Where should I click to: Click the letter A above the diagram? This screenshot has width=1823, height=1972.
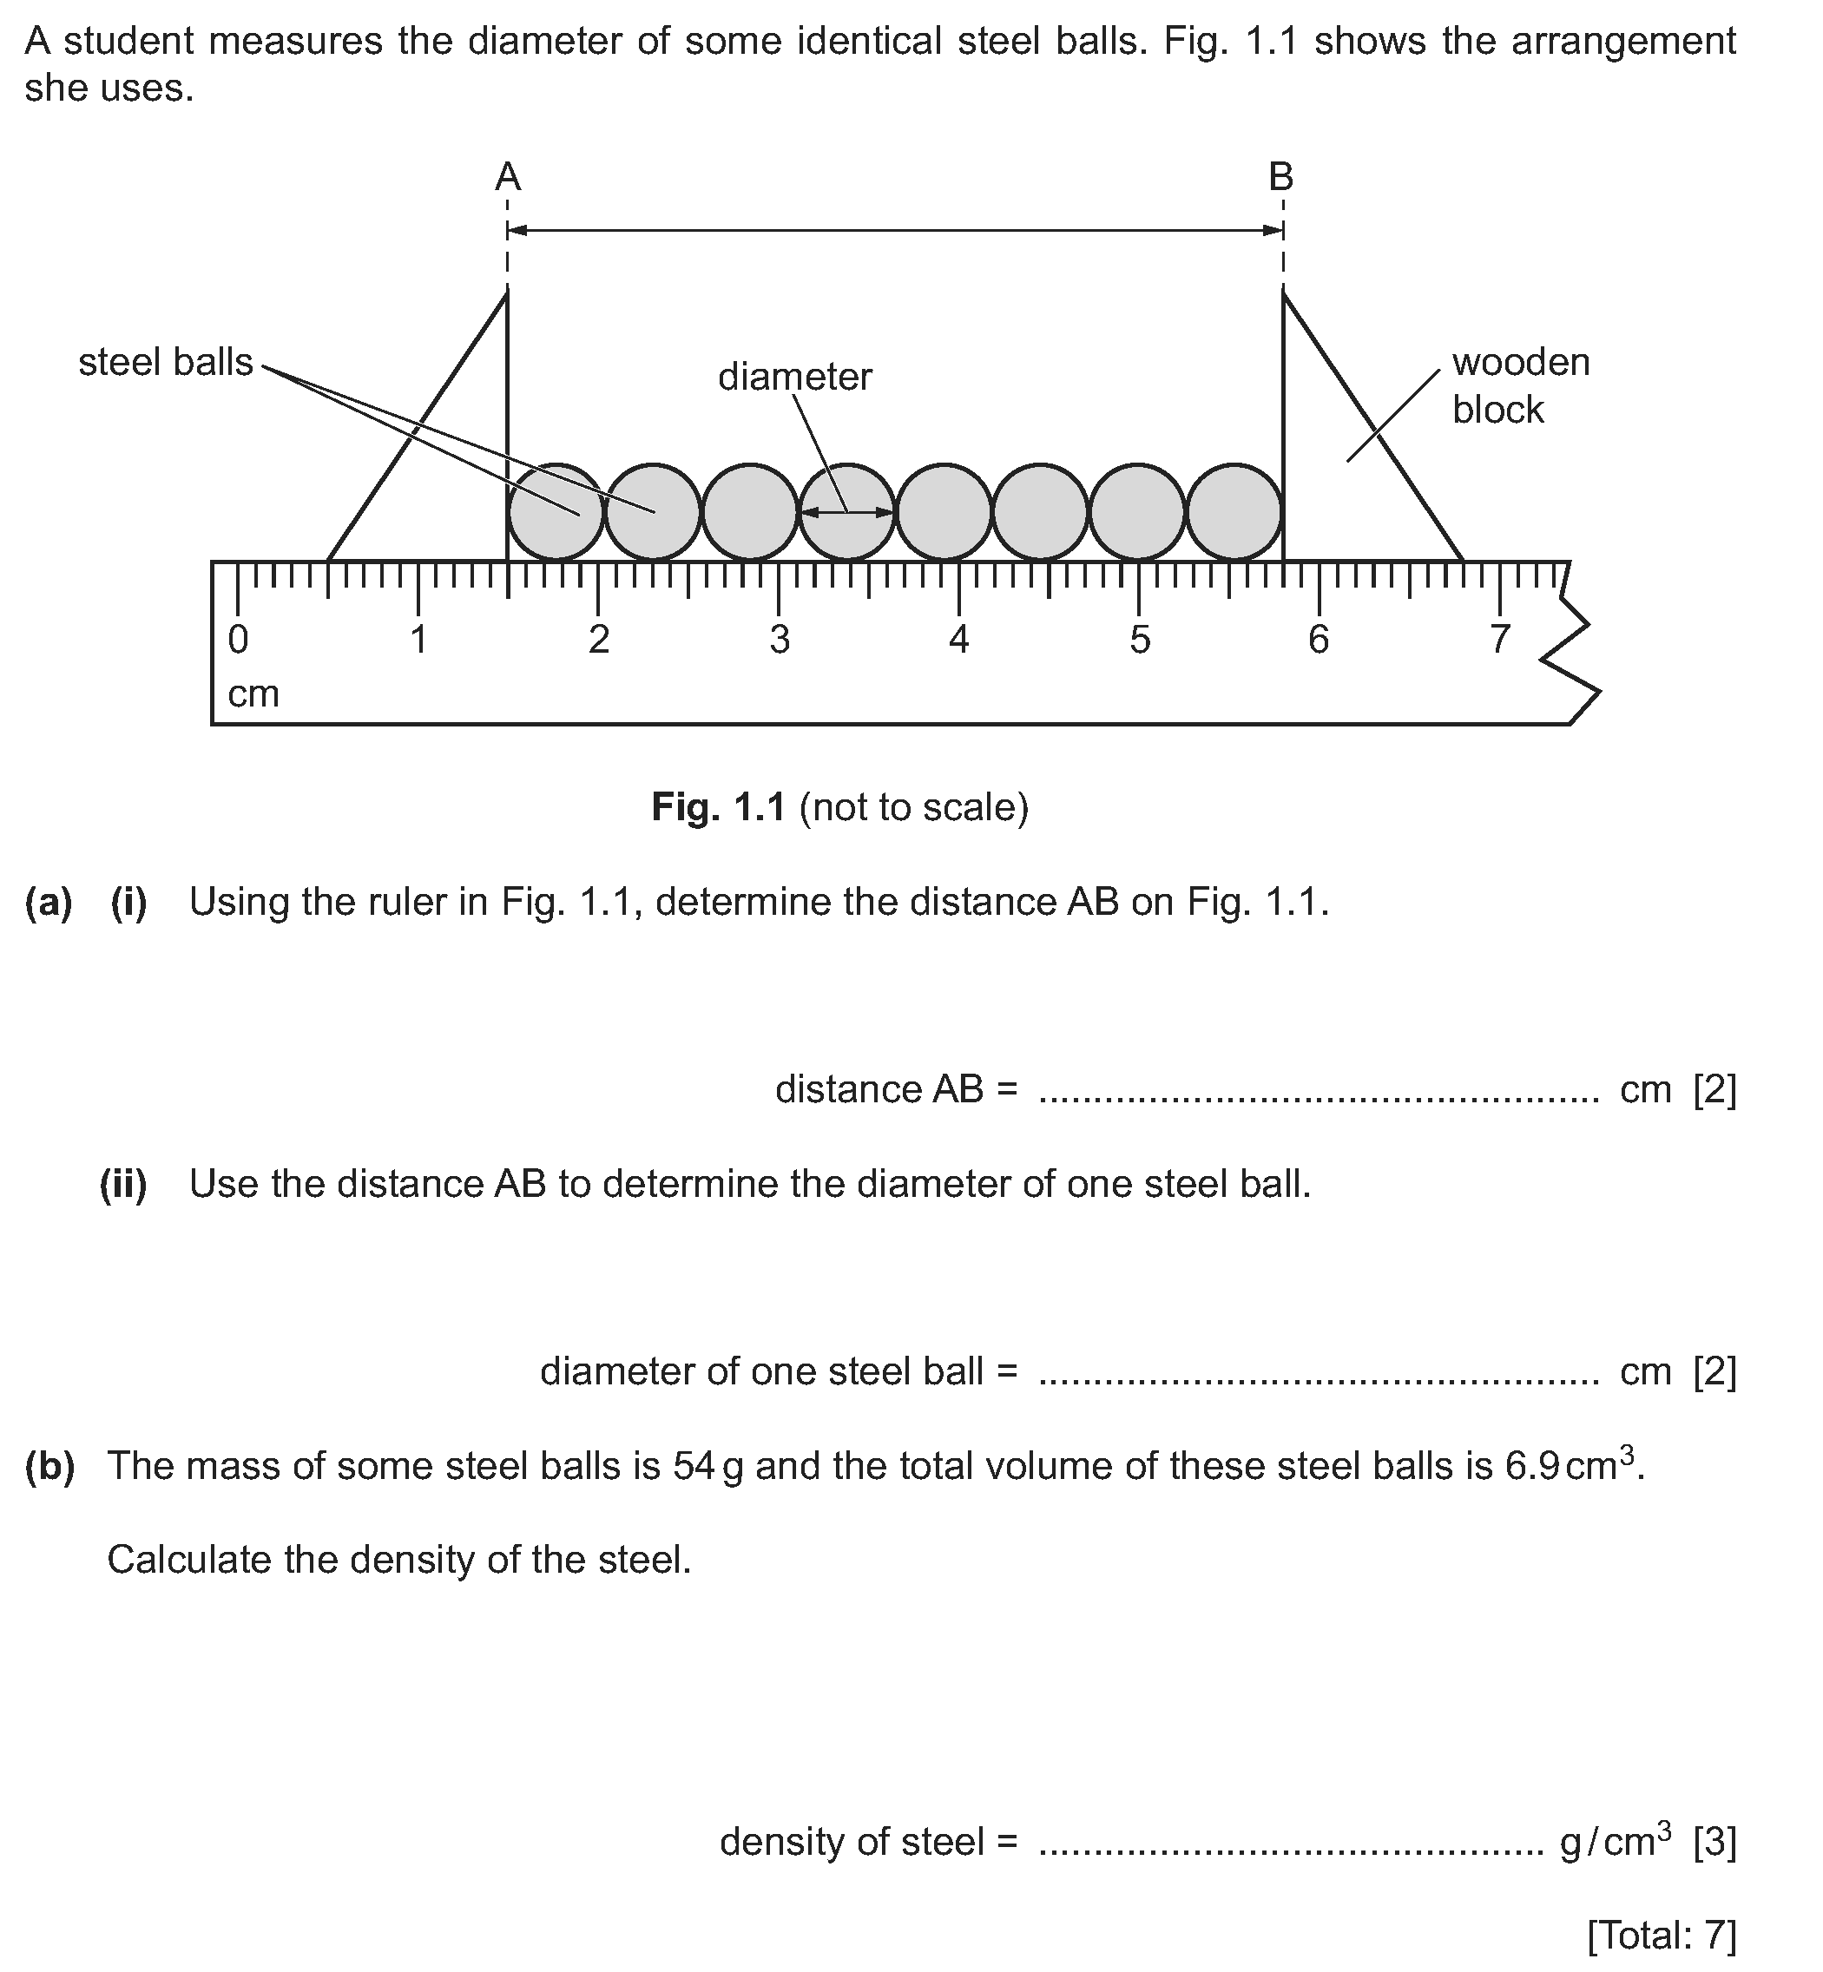coord(507,178)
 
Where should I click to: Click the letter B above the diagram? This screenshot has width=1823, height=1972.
coord(1280,178)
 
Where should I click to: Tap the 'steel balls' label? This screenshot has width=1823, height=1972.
coord(166,363)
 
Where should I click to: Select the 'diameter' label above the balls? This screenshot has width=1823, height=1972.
coord(795,377)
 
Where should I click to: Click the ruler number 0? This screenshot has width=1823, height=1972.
coord(238,641)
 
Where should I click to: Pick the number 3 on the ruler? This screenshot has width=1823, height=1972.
coord(780,641)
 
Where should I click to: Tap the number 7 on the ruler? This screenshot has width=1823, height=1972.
coord(1499,641)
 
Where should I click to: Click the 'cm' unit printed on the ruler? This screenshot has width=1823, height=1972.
coord(253,694)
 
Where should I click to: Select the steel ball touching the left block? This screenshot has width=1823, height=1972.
coord(556,512)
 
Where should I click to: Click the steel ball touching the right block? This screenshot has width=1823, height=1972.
coord(1234,512)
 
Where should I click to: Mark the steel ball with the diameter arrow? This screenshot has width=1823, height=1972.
coord(846,512)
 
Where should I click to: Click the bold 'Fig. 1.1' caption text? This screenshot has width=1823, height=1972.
coord(718,808)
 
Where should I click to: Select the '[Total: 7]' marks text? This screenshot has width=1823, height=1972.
coord(1662,1936)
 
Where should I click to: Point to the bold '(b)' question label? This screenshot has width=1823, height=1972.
coord(49,1467)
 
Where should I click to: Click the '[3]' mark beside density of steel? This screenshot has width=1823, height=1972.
coord(1714,1842)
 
